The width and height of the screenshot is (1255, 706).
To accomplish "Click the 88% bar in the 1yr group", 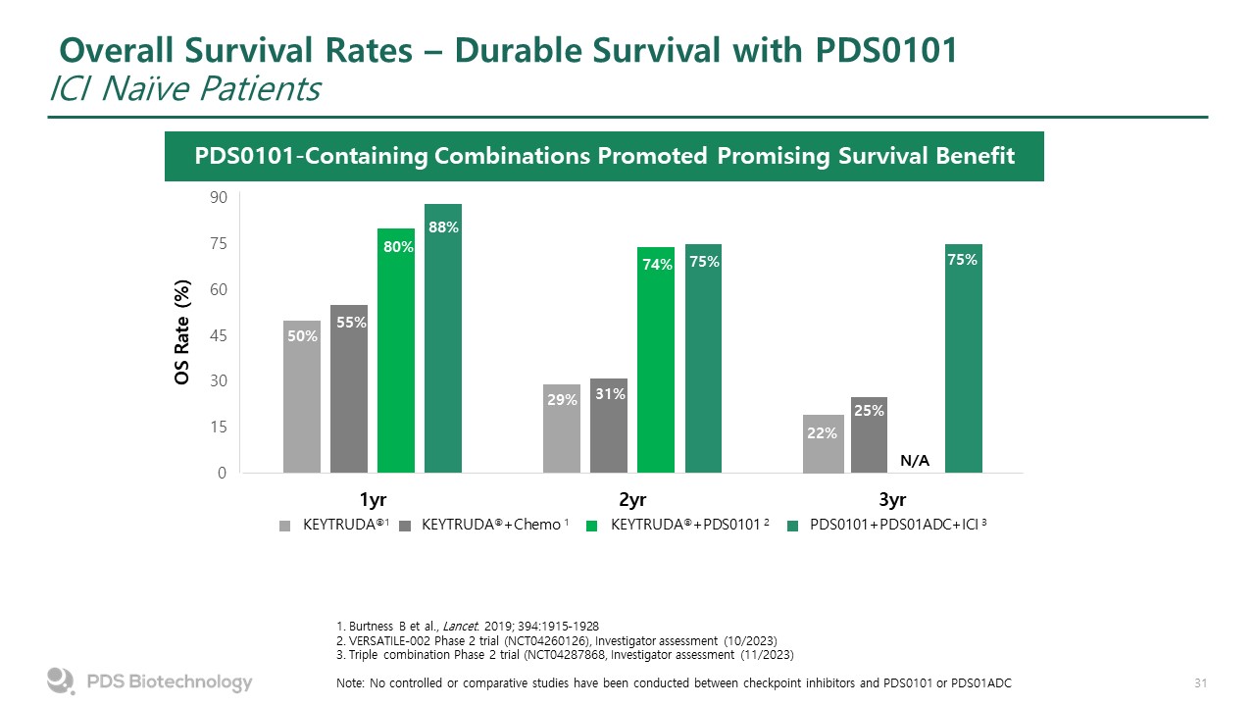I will (x=443, y=338).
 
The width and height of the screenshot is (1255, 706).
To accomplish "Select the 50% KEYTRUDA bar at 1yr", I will (x=302, y=397).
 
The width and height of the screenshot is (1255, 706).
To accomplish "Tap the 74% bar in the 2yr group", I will (x=656, y=360).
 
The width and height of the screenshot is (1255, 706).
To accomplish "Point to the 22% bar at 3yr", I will (x=822, y=443).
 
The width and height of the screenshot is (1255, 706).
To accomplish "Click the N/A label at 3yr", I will (x=914, y=461).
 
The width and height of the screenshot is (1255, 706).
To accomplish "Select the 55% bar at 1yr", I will (x=349, y=389).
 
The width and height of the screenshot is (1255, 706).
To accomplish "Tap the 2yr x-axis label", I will (x=633, y=499).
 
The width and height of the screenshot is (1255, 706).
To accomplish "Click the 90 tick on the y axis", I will (x=218, y=197).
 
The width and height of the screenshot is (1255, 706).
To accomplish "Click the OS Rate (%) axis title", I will (x=183, y=334).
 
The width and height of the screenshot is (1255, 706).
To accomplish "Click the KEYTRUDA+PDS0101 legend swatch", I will (x=591, y=526).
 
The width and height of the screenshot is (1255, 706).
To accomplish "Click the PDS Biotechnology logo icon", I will (x=61, y=681).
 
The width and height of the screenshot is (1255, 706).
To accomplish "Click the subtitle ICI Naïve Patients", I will (x=185, y=89).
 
